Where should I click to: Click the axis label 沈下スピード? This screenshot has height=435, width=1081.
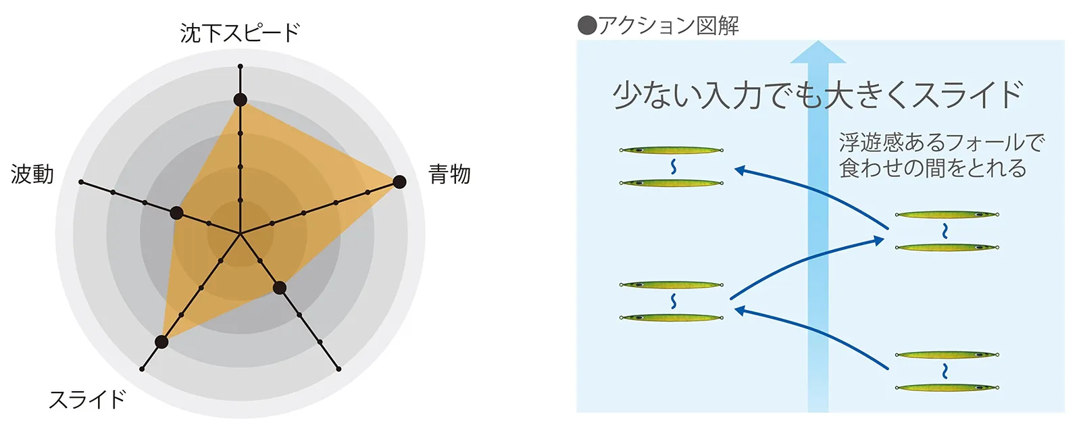240,33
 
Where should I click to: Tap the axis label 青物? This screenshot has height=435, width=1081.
449,174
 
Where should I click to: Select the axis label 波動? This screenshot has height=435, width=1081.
32,174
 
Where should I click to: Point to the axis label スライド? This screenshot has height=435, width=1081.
87,400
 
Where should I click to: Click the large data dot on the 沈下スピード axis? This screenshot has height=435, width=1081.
241,100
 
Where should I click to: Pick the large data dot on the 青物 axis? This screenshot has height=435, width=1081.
399,182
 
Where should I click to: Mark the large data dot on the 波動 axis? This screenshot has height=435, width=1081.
176,213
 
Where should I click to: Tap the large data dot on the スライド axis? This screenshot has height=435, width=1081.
161,342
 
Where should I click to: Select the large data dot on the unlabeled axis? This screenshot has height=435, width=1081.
280,288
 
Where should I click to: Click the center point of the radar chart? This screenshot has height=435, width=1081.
241,234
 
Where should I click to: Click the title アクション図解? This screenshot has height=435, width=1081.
668,26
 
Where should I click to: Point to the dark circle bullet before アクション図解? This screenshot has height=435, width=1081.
587,26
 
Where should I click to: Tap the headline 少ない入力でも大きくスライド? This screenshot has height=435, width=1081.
818,95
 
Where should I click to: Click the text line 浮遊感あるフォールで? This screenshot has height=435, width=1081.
942,143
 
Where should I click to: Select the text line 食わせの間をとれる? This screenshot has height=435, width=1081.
932,168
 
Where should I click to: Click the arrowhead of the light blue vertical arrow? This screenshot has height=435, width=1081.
818,52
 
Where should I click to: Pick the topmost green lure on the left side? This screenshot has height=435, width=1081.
672,150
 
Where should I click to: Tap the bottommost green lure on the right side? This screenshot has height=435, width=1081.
947,387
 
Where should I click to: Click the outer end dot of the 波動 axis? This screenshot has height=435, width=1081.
81,182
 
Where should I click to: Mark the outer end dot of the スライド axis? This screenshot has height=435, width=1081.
142,369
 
